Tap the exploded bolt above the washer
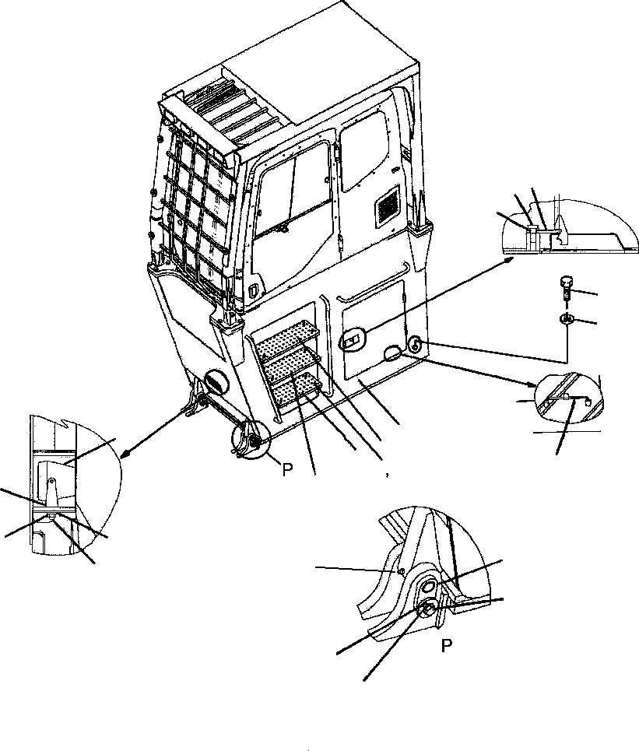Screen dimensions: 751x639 pyautogui.click(x=567, y=290)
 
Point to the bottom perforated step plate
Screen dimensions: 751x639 pyautogui.click(x=300, y=386)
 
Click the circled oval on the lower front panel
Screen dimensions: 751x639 pyautogui.click(x=215, y=383)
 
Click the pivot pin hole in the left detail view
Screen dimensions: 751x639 pyautogui.click(x=50, y=483)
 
